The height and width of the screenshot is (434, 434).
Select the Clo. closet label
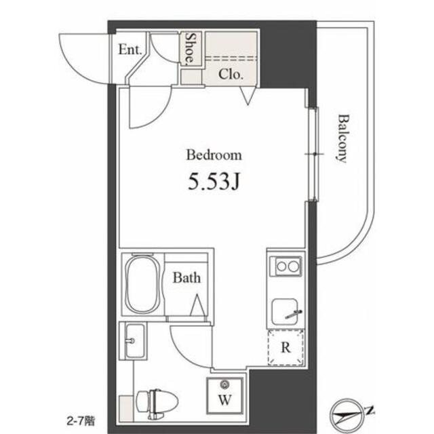231,75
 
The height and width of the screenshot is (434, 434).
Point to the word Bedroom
214,155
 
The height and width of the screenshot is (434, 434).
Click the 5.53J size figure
214,181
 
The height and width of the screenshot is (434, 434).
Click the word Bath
185,277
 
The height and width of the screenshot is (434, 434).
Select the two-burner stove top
285,267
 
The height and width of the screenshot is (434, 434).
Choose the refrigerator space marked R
286,348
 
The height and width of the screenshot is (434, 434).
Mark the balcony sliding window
314,155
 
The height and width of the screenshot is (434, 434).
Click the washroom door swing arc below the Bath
189,346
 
